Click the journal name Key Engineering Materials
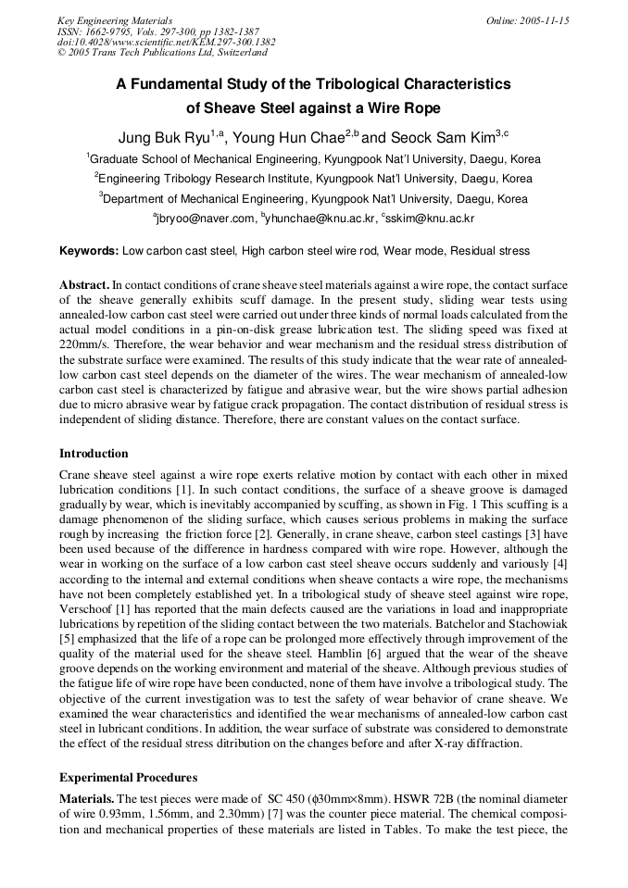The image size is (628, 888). pos(115,20)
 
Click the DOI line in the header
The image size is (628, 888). pos(166,43)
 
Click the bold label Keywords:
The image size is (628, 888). pos(89,251)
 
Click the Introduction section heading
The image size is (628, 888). pos(94,454)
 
